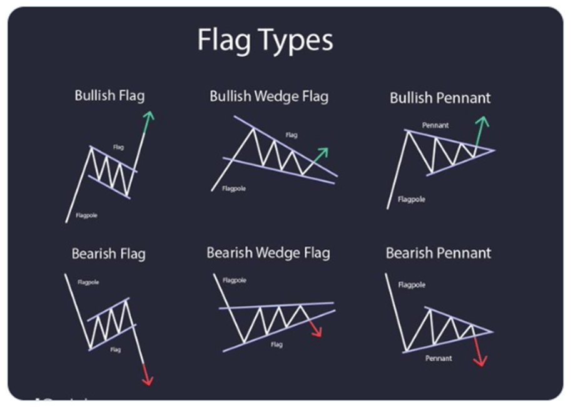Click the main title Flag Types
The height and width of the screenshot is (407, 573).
point(265,40)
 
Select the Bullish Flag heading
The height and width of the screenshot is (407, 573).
point(109,96)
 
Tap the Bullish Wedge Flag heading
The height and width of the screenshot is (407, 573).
point(269,96)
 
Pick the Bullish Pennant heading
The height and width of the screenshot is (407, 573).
point(440,98)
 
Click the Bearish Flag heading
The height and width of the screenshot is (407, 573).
point(108,254)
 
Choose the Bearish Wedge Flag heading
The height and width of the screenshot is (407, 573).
point(268,253)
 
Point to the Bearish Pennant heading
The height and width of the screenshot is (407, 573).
point(439,253)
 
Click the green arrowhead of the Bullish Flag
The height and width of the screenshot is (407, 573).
point(148,116)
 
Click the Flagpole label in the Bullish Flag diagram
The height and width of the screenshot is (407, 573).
point(86,215)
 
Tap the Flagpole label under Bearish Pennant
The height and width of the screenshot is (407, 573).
point(412,285)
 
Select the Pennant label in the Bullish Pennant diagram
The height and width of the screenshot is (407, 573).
point(435,125)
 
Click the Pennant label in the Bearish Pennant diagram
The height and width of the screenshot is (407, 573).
point(439,359)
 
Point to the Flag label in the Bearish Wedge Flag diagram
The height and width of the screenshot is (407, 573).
point(276,344)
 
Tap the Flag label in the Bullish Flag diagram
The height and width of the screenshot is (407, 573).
point(118,147)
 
